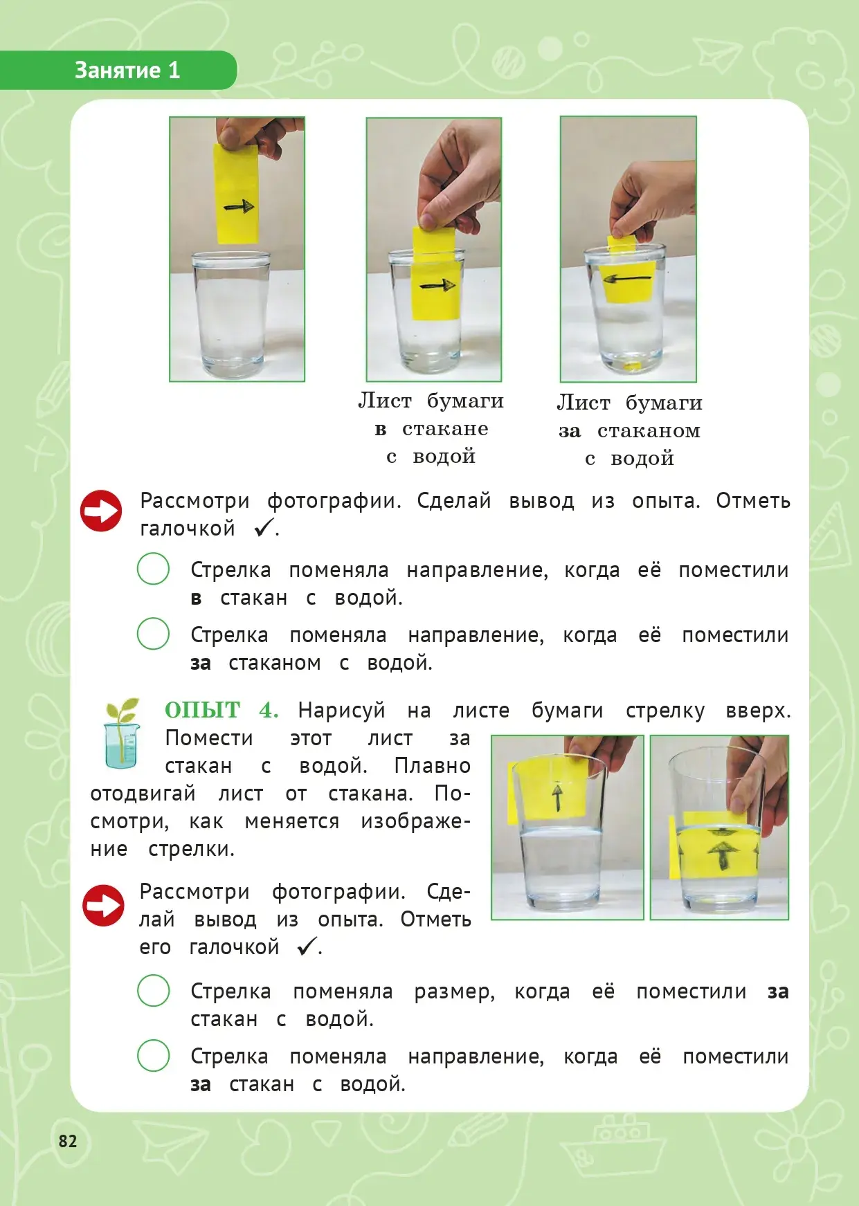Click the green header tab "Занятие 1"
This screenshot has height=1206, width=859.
click(x=118, y=70)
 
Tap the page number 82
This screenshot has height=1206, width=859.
click(x=68, y=1141)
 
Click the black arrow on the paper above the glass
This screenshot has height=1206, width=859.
click(x=239, y=206)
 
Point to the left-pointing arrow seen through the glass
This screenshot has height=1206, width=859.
click(x=628, y=279)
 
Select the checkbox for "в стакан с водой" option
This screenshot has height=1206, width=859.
click(x=153, y=569)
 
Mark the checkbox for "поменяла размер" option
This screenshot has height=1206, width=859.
click(x=153, y=990)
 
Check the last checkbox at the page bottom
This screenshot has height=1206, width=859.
click(x=153, y=1055)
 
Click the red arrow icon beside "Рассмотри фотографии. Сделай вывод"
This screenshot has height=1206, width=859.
click(x=101, y=511)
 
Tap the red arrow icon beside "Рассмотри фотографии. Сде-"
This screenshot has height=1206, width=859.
click(x=103, y=905)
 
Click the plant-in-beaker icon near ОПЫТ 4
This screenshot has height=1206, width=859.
click(x=122, y=733)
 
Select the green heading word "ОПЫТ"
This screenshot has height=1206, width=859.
click(x=202, y=710)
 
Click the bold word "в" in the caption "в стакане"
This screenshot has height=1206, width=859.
click(x=380, y=430)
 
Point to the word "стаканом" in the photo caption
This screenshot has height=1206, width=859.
click(x=649, y=431)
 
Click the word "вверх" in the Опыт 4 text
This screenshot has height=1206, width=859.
click(x=758, y=711)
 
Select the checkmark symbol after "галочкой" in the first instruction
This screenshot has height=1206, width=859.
click(x=264, y=528)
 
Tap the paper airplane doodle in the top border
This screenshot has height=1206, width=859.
click(x=716, y=55)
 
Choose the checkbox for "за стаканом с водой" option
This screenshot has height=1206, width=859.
click(x=153, y=634)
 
